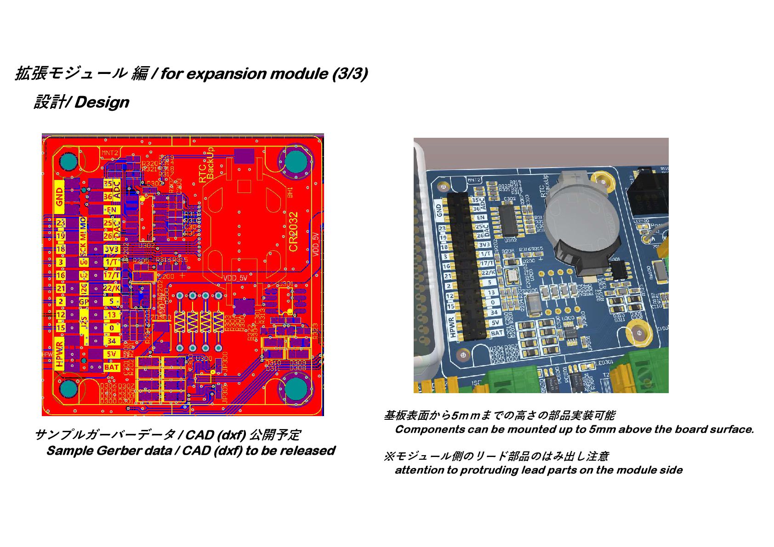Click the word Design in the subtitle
(102, 102)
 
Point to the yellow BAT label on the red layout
(112, 367)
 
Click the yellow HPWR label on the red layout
(59, 354)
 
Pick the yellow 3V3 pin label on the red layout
(112, 249)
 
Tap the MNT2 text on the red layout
(110, 153)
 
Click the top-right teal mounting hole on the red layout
(295, 161)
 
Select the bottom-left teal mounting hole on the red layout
(69, 389)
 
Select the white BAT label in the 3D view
(497, 333)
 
